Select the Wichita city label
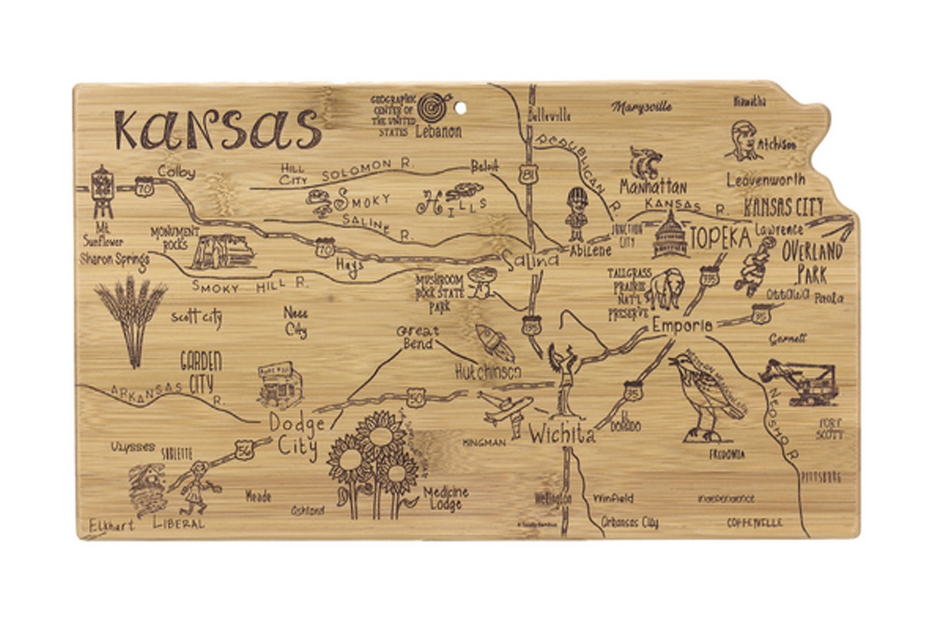(562, 435)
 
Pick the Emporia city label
(682, 326)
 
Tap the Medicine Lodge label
(447, 498)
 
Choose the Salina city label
(531, 260)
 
